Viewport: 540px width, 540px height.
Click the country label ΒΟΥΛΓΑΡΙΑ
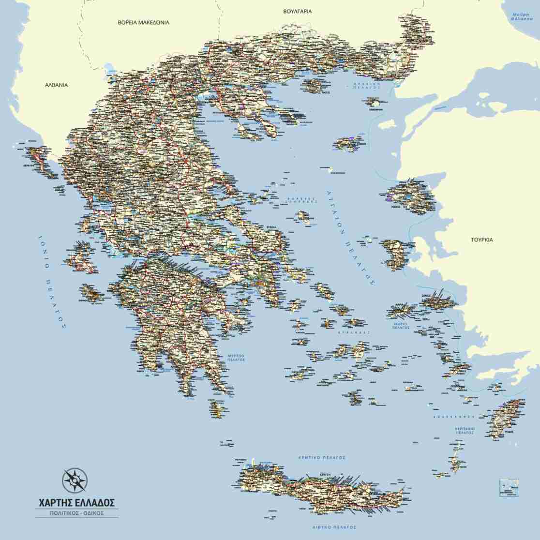pyautogui.click(x=298, y=11)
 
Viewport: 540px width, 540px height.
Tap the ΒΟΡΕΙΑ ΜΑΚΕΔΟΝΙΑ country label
pyautogui.click(x=144, y=22)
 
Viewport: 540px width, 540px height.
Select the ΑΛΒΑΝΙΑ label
pyautogui.click(x=57, y=85)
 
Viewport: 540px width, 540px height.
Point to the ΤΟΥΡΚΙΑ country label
pyautogui.click(x=482, y=240)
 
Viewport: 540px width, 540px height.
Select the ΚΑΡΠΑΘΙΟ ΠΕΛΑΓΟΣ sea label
pyautogui.click(x=465, y=431)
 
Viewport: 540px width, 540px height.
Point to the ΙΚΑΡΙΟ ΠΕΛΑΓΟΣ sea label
pyautogui.click(x=401, y=325)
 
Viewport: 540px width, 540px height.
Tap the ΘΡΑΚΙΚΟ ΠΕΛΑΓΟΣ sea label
pyautogui.click(x=366, y=86)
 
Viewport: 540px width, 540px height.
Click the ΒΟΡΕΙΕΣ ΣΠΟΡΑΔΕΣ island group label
pyautogui.click(x=301, y=199)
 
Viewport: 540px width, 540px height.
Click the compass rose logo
pyautogui.click(x=75, y=480)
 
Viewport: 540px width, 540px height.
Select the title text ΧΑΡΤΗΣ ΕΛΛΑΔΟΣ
pyautogui.click(x=76, y=502)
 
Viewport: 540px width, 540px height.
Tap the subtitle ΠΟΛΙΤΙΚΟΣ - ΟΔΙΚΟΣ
pyautogui.click(x=76, y=512)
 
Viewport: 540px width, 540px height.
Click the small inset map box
pyautogui.click(x=509, y=487)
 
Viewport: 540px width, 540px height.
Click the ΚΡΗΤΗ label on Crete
pyautogui.click(x=324, y=475)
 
